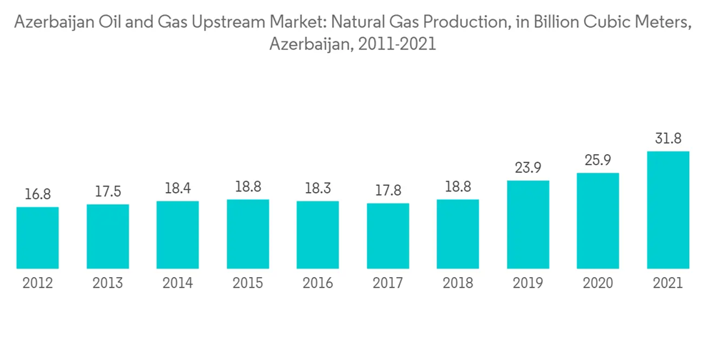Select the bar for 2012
click(x=38, y=238)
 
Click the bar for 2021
click(x=668, y=210)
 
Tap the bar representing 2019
click(x=528, y=224)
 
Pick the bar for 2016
click(x=318, y=235)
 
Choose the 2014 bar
click(x=178, y=235)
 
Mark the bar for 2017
click(x=388, y=236)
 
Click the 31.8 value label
click(x=668, y=139)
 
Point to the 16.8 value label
click(x=38, y=194)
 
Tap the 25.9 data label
click(x=598, y=160)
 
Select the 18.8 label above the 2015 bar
click(x=248, y=186)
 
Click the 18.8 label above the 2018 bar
click(x=458, y=186)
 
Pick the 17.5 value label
click(x=108, y=191)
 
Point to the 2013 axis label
click(x=108, y=284)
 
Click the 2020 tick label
click(x=598, y=284)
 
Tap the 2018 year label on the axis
click(x=458, y=284)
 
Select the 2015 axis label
click(x=248, y=284)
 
